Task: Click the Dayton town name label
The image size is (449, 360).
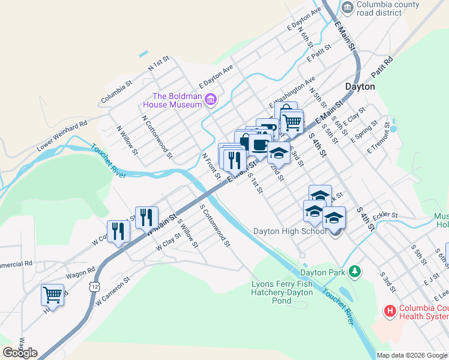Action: (x=360, y=86)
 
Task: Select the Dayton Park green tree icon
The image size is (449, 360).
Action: (x=355, y=272)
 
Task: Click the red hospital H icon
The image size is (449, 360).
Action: (x=390, y=311)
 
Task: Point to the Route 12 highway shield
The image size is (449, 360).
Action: (x=95, y=287)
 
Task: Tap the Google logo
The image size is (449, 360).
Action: (x=20, y=353)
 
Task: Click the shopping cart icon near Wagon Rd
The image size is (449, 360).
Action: (x=52, y=295)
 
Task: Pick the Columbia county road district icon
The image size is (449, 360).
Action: (x=347, y=7)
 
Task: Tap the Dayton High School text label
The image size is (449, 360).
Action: (x=289, y=231)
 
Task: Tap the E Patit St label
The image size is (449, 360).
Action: (x=319, y=54)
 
